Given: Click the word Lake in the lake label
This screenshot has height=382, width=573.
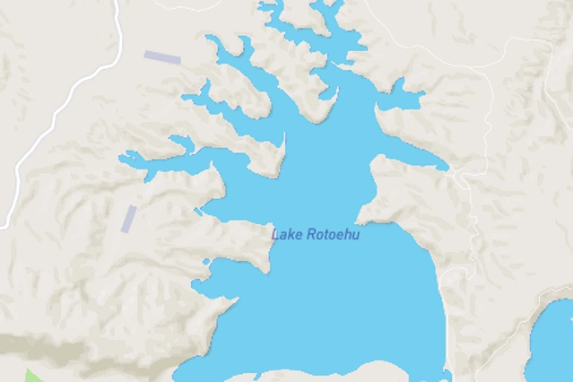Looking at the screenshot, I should (287, 235).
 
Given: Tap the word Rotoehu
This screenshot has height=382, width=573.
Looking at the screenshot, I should (333, 235).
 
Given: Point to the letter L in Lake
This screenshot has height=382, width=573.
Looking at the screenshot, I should (275, 235).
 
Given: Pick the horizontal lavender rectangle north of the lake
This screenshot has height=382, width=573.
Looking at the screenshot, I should (162, 57).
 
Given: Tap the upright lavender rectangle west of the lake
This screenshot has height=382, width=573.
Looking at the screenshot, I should (129, 219).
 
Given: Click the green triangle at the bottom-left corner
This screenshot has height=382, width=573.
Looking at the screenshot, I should (32, 376).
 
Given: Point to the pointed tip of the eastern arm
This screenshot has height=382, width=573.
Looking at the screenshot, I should (444, 167).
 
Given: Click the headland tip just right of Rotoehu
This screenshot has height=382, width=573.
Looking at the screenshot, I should (360, 221).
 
